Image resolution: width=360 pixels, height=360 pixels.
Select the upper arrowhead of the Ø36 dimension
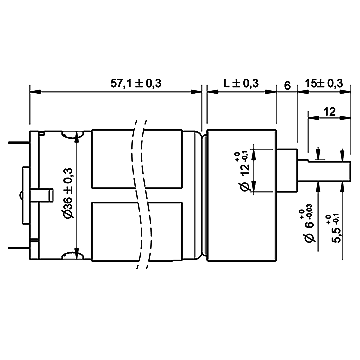pos(80,136)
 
